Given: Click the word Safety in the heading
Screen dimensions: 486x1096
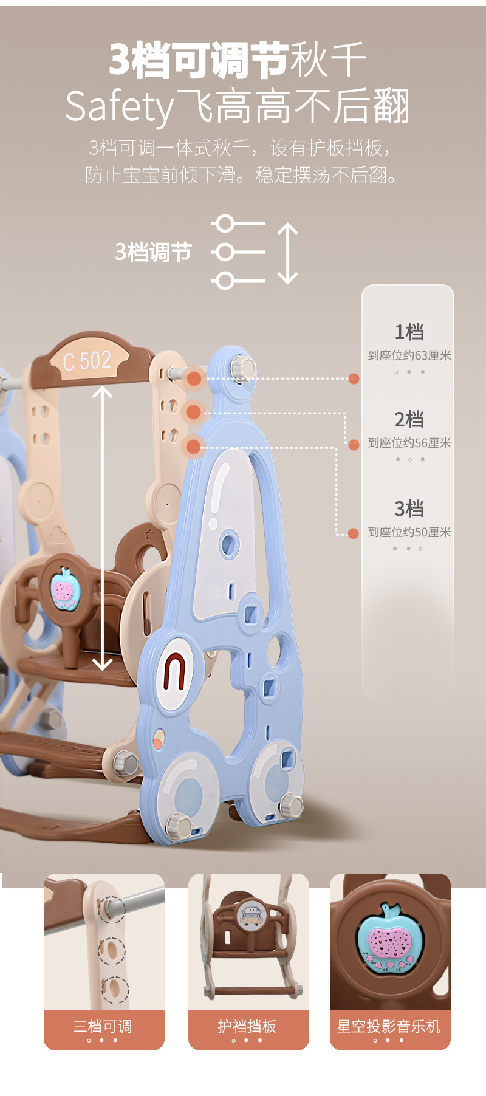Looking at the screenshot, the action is pyautogui.click(x=119, y=107).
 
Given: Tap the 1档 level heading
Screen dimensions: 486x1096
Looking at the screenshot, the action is pyautogui.click(x=409, y=332).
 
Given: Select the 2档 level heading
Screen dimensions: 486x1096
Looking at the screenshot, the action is pyautogui.click(x=409, y=419).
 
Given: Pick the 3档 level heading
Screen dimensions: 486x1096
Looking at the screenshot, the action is pyautogui.click(x=409, y=508).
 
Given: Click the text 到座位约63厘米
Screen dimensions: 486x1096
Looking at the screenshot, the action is pyautogui.click(x=409, y=355).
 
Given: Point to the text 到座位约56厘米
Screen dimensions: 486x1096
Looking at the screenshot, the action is pyautogui.click(x=409, y=443).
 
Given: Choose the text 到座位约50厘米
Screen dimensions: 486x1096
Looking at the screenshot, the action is pyautogui.click(x=409, y=532).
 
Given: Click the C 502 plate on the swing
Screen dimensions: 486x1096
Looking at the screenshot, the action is pyautogui.click(x=87, y=360).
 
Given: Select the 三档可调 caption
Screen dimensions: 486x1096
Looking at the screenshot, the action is pyautogui.click(x=103, y=1026).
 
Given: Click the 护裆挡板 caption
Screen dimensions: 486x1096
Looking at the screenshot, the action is pyautogui.click(x=247, y=1026).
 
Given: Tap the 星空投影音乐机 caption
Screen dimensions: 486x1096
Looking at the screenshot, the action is pyautogui.click(x=389, y=1026).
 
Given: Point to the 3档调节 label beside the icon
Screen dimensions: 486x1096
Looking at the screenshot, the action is pyautogui.click(x=153, y=252).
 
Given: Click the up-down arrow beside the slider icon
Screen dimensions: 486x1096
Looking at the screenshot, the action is pyautogui.click(x=287, y=253).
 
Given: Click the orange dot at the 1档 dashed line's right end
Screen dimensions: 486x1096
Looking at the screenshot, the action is pyautogui.click(x=354, y=378).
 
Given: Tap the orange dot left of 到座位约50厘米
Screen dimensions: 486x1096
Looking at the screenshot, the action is pyautogui.click(x=353, y=533).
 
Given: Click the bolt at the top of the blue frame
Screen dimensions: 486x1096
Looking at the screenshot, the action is pyautogui.click(x=242, y=369).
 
